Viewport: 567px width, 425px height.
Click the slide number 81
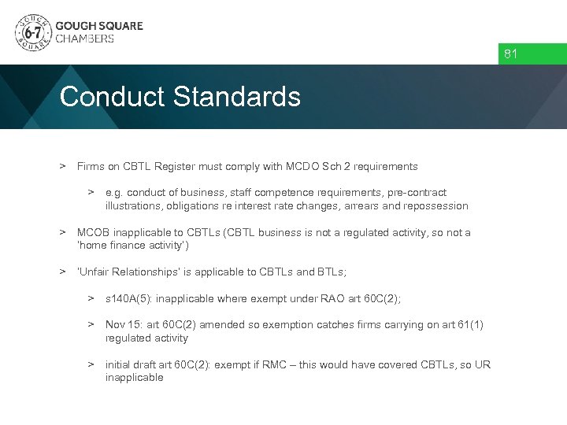(x=511, y=54)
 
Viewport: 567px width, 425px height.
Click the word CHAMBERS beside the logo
(x=84, y=38)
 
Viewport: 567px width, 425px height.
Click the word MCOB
(x=92, y=232)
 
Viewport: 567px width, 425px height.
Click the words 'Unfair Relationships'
(x=128, y=272)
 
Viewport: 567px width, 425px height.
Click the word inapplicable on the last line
(x=135, y=378)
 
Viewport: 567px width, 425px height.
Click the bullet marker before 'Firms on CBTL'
(x=61, y=166)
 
